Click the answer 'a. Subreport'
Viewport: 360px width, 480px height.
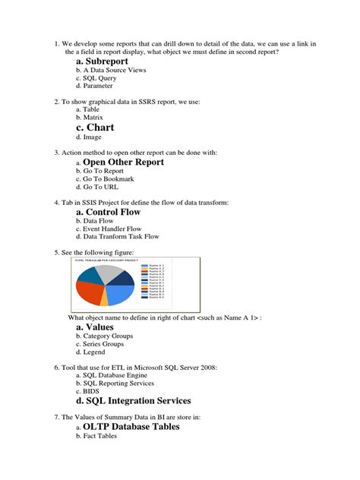pyautogui.click(x=102, y=61)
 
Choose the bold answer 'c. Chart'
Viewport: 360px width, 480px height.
pyautogui.click(x=95, y=127)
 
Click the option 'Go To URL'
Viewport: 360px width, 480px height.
pyautogui.click(x=101, y=187)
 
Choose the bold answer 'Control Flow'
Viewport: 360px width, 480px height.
pyautogui.click(x=113, y=212)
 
